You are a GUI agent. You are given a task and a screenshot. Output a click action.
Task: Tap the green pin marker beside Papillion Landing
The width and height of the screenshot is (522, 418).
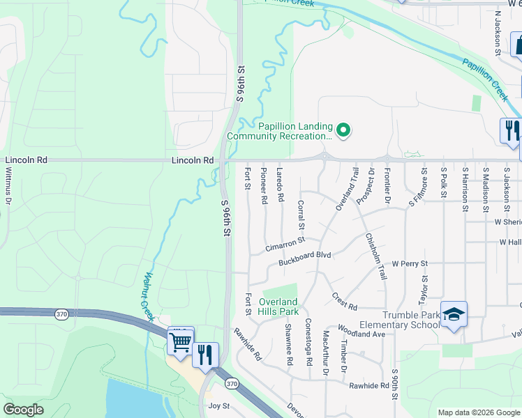click(343, 130)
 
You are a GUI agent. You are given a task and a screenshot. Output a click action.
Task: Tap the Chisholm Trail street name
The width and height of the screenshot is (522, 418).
click(375, 256)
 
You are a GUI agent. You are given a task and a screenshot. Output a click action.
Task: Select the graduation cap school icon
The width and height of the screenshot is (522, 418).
click(454, 315)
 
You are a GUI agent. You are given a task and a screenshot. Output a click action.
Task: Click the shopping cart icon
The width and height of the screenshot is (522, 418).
click(181, 342)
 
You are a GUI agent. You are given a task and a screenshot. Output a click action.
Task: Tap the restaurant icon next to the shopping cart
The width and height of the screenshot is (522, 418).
click(205, 354)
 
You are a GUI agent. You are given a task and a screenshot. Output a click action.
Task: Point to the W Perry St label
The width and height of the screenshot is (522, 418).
click(409, 264)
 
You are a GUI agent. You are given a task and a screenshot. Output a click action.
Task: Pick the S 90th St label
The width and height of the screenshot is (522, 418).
click(395, 383)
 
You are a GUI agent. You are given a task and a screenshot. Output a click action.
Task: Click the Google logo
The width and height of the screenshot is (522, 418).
click(24, 410)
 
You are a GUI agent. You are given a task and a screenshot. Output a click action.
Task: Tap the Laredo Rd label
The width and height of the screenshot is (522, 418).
click(281, 185)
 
